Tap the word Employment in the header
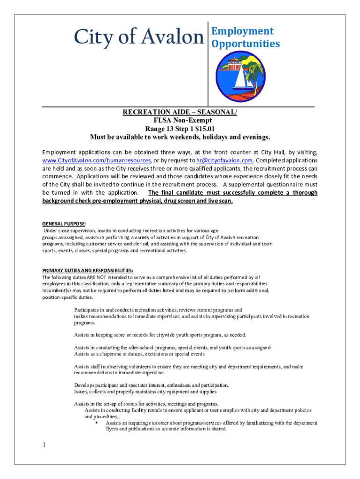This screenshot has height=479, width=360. (242, 31)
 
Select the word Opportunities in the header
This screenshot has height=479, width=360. (245, 44)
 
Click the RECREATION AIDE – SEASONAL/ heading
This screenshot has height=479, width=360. (180, 112)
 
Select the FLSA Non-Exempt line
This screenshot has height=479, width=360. (180, 120)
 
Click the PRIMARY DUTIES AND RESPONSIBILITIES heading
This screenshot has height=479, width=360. (87, 270)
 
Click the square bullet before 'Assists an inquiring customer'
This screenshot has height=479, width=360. (95, 422)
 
